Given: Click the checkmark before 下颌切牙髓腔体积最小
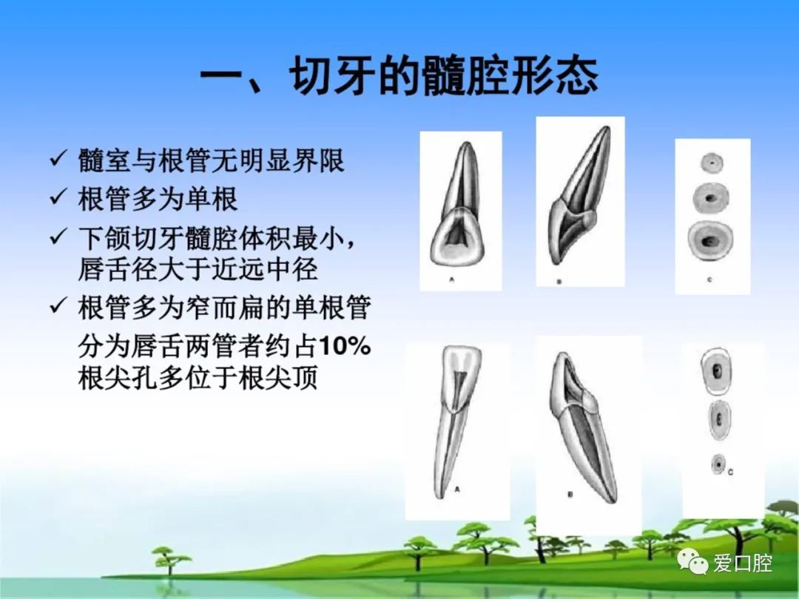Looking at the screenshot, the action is point(58,236).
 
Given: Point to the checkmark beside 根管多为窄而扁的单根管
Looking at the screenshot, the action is point(58,305).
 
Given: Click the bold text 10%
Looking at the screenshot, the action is point(345,346).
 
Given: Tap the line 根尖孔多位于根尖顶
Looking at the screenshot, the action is point(198,377).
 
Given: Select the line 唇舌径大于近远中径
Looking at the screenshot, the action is point(198,269).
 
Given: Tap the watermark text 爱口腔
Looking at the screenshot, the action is point(743,563).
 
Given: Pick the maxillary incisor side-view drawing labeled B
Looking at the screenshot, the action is point(580,195).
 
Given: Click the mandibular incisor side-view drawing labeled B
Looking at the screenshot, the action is point(583,427).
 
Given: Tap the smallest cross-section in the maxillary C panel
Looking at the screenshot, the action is point(712,163).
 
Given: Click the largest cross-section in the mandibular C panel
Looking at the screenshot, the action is point(716,370).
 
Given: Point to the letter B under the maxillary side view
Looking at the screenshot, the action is point(559,282).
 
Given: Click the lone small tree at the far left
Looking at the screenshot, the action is point(169,561).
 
